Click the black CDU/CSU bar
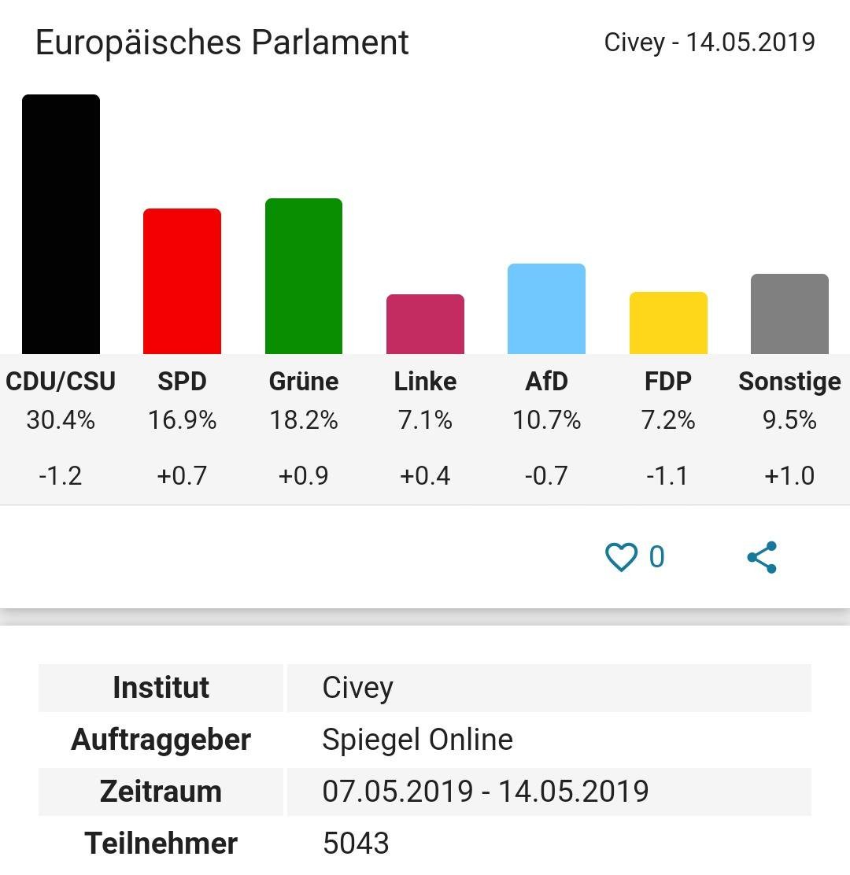(x=61, y=224)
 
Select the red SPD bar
(x=182, y=281)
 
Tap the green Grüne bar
(x=304, y=276)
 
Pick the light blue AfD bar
(x=546, y=308)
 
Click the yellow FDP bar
(x=668, y=323)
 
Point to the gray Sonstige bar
(x=789, y=314)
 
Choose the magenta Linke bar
(x=425, y=324)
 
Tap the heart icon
(x=620, y=557)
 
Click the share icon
(x=762, y=557)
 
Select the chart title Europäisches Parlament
(x=222, y=42)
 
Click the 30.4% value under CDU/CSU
(x=61, y=420)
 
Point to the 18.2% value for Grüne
(x=304, y=420)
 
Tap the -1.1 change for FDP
(x=668, y=475)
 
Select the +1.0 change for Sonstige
(x=789, y=475)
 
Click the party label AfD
(x=546, y=382)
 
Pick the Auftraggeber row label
(x=161, y=740)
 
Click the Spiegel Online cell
(x=417, y=740)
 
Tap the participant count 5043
(x=356, y=844)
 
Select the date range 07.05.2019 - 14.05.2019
(x=485, y=791)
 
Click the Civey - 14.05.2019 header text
(x=709, y=42)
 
